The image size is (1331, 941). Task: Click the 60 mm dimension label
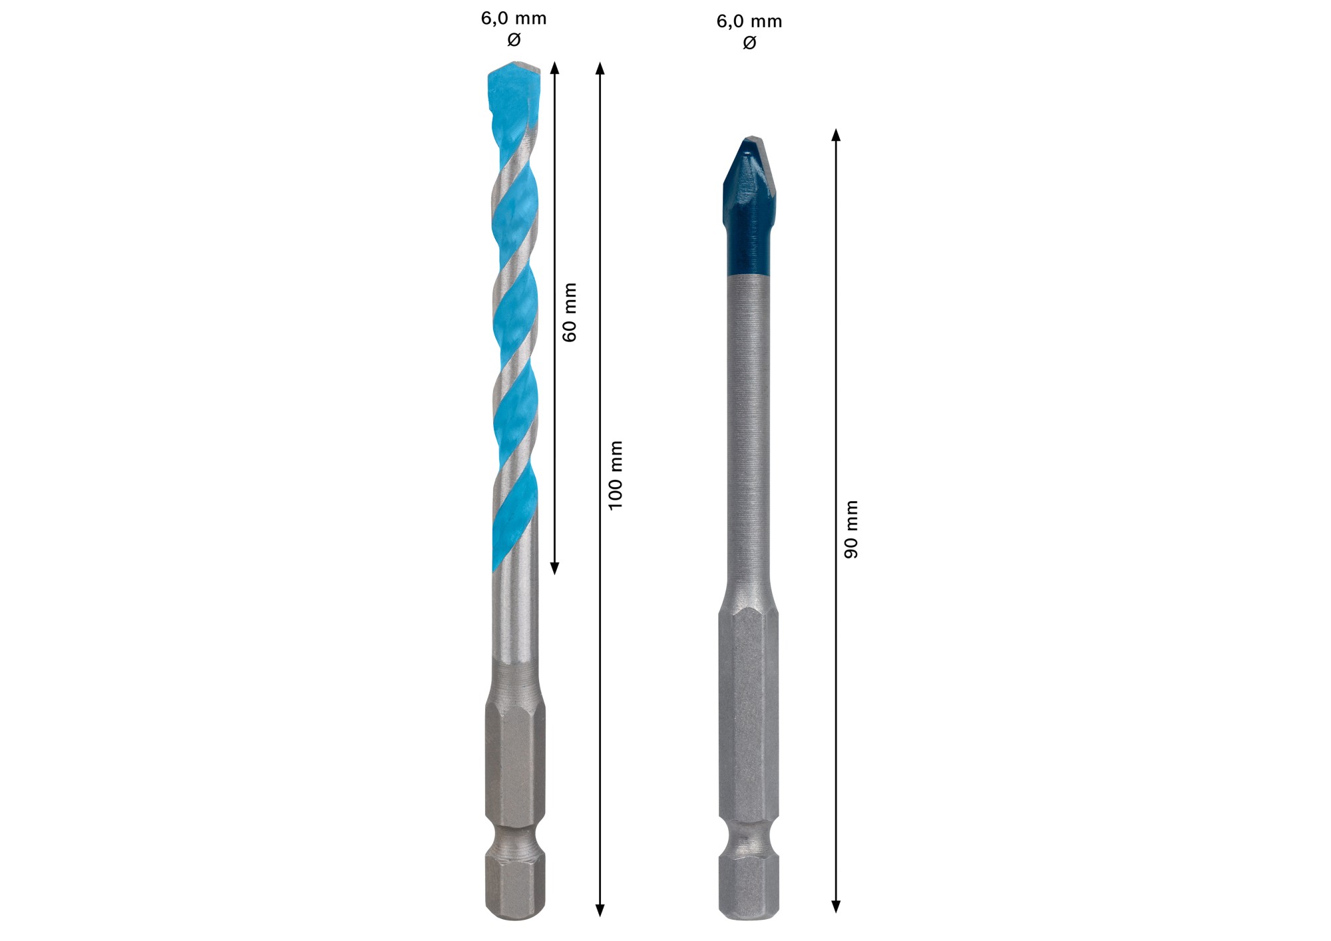point(570,312)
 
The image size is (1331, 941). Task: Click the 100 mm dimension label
point(616,475)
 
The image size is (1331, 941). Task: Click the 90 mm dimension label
point(851,530)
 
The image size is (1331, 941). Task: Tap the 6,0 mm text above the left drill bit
point(514,19)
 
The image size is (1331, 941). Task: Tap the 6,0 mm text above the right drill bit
point(749,22)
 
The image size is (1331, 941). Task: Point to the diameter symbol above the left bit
point(514,40)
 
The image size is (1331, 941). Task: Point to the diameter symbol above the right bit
point(749,43)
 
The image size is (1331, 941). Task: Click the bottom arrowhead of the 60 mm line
point(555,568)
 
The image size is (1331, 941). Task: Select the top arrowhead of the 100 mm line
point(600,68)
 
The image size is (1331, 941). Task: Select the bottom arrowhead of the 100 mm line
point(600,910)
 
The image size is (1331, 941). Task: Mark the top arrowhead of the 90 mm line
point(836,135)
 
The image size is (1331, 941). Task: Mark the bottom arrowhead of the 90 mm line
point(836,906)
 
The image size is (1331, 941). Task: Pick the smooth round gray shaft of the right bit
point(749,433)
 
